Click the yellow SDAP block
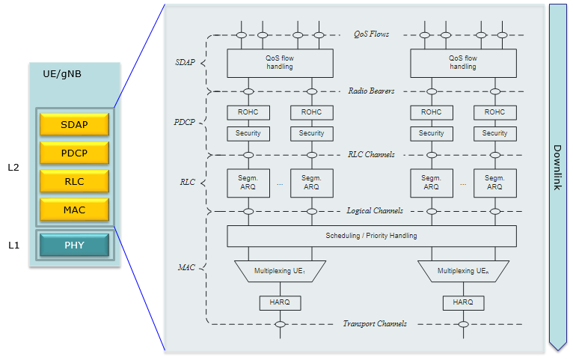pyautogui.click(x=74, y=124)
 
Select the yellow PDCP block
pyautogui.click(x=74, y=153)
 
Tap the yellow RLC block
pyautogui.click(x=74, y=181)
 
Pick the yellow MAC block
pyautogui.click(x=74, y=210)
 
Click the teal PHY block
pyautogui.click(x=74, y=245)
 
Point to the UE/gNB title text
pyautogui.click(x=62, y=74)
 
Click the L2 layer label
pyautogui.click(x=13, y=168)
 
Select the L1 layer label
pyautogui.click(x=13, y=245)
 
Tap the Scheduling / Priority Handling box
pyautogui.click(x=372, y=236)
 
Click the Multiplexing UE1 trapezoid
pyautogui.click(x=280, y=271)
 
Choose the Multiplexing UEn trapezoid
pyautogui.click(x=463, y=271)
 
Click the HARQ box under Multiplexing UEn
pyautogui.click(x=463, y=303)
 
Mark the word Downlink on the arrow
pyautogui.click(x=557, y=168)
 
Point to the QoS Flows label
pyautogui.click(x=371, y=34)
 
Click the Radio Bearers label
pyautogui.click(x=371, y=91)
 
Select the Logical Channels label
pyautogui.click(x=375, y=211)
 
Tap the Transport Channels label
pyautogui.click(x=375, y=324)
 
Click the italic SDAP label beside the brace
pyautogui.click(x=186, y=63)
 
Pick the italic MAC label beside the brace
pyautogui.click(x=186, y=267)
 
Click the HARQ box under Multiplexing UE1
pyautogui.click(x=281, y=303)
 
